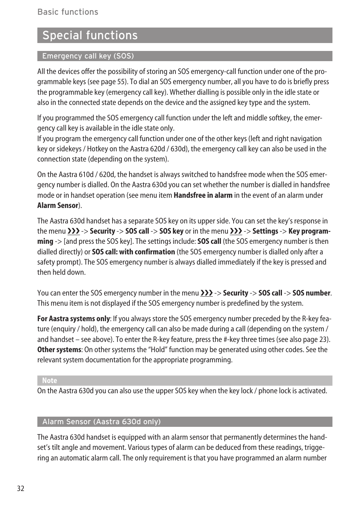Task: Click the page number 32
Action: point(20,488)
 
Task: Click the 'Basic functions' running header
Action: point(68,12)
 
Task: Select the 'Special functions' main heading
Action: point(90,35)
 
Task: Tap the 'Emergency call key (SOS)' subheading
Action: point(88,56)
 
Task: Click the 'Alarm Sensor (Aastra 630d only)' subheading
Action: point(101,422)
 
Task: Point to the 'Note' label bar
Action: point(49,380)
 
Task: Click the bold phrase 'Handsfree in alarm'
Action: point(203,195)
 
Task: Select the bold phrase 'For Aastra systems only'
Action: point(73,319)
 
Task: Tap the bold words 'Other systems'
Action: point(59,349)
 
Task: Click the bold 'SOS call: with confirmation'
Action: point(133,252)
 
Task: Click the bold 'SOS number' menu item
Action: point(311,293)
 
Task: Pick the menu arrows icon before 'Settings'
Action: point(236,231)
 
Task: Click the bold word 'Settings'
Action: point(265,231)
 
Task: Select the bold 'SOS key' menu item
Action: point(171,231)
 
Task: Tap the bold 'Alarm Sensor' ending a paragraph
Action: point(57,206)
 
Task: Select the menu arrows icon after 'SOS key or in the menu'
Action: point(236,231)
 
